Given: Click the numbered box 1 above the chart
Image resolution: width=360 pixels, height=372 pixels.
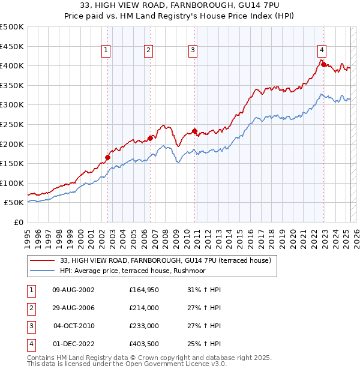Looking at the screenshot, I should (x=106, y=51).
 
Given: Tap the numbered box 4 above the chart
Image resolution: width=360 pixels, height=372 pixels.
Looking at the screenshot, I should (x=322, y=51).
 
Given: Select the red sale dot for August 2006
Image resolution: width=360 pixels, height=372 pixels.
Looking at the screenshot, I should (x=150, y=138).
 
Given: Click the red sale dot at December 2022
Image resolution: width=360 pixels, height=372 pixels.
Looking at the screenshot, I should (x=322, y=64).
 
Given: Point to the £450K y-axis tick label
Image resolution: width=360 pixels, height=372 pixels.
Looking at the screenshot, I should (x=12, y=46).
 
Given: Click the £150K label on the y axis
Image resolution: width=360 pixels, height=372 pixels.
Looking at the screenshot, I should (x=12, y=163).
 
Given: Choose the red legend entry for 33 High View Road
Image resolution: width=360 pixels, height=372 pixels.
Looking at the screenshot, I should (x=166, y=260).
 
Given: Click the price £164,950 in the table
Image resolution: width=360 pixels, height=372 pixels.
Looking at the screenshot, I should (x=144, y=290).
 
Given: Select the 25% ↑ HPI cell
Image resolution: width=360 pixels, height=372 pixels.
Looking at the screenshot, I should (x=201, y=344).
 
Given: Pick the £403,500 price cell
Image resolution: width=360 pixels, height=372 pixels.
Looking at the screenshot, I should (x=144, y=344).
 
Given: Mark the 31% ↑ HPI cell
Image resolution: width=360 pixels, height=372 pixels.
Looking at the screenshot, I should (x=201, y=290).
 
